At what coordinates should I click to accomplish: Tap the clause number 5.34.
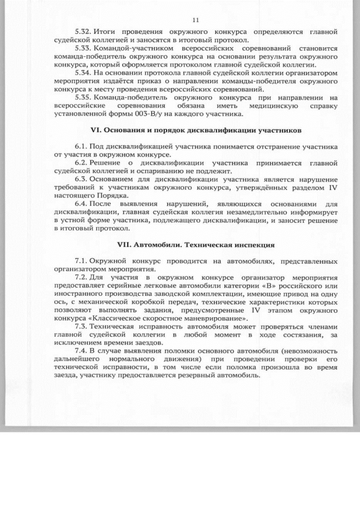click(x=83, y=73)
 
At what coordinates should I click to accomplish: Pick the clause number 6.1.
click(x=81, y=147)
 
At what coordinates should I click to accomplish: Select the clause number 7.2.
click(x=81, y=277)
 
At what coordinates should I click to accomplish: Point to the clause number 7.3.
click(x=81, y=326)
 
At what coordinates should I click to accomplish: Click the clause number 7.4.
click(x=81, y=350)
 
